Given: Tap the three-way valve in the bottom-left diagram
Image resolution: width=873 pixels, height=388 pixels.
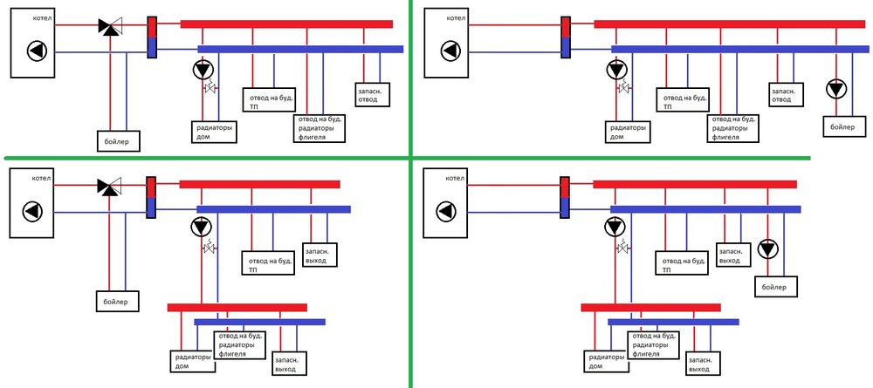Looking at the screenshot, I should (x=110, y=186).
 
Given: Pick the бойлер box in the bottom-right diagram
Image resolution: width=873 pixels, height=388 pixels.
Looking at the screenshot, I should (x=773, y=285).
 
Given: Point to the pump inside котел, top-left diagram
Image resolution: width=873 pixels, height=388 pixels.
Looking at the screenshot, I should (x=37, y=51).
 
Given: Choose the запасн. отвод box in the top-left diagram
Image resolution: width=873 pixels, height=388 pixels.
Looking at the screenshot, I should (x=373, y=93).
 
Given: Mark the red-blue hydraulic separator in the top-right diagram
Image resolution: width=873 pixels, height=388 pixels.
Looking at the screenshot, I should (x=564, y=37).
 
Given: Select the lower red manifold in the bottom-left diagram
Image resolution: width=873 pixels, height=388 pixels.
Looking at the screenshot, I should (x=237, y=307).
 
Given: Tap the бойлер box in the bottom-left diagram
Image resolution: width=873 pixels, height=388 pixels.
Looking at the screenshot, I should (x=112, y=302).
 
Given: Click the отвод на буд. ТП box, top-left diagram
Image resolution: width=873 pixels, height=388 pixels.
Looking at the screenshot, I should (x=265, y=98).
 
